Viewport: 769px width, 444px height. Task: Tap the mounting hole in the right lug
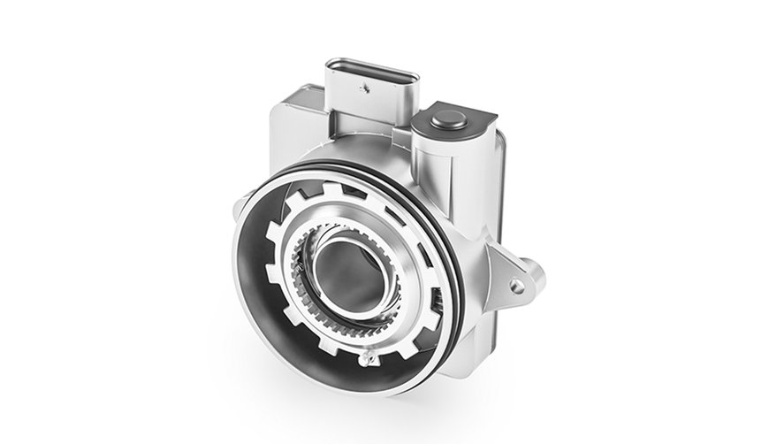point(516,286)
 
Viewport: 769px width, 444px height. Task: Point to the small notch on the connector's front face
point(362,88)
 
